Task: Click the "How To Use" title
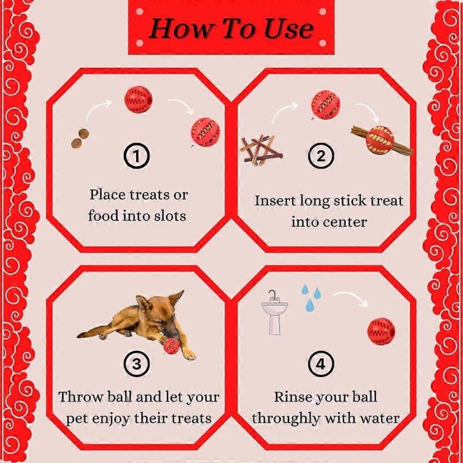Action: [x=231, y=28]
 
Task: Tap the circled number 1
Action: [x=137, y=155]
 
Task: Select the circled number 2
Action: [x=322, y=155]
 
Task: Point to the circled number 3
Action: [x=137, y=364]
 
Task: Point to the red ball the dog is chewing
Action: [x=171, y=346]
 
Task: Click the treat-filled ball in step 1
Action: [x=205, y=132]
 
